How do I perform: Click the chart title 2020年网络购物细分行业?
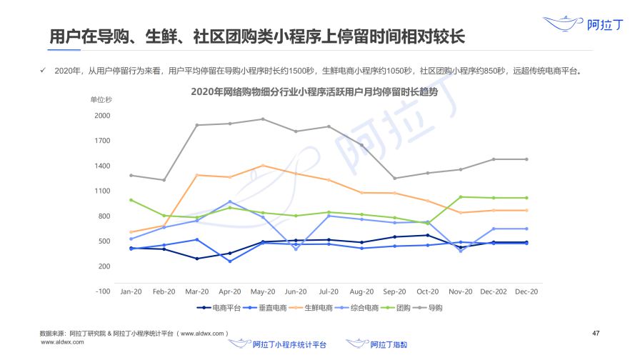click(x=314, y=92)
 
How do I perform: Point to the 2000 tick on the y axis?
click(x=102, y=116)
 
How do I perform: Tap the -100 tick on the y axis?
click(x=102, y=291)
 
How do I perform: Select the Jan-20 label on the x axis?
click(x=130, y=291)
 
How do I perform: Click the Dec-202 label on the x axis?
click(x=494, y=291)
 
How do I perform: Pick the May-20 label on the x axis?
click(x=263, y=291)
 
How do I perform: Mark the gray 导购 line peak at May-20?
click(x=263, y=119)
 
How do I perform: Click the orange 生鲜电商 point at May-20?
click(x=263, y=166)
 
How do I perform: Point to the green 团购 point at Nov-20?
click(x=461, y=197)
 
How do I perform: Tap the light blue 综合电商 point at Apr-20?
click(x=230, y=202)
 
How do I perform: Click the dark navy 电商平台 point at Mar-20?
click(x=197, y=259)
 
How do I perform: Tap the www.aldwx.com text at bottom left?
click(x=63, y=342)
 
